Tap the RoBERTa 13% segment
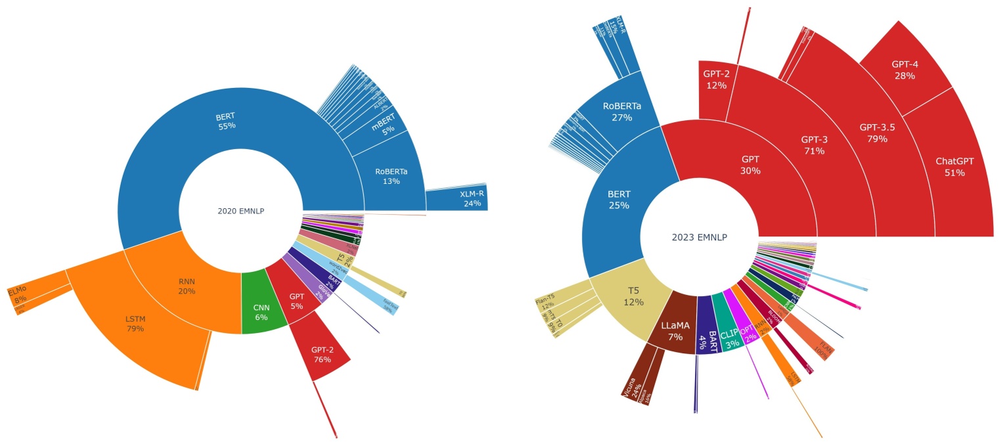pos(391,176)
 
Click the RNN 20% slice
pos(187,286)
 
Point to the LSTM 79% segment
pos(135,323)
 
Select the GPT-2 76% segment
pos(322,355)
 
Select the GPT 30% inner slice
pos(750,166)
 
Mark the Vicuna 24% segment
pos(633,384)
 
